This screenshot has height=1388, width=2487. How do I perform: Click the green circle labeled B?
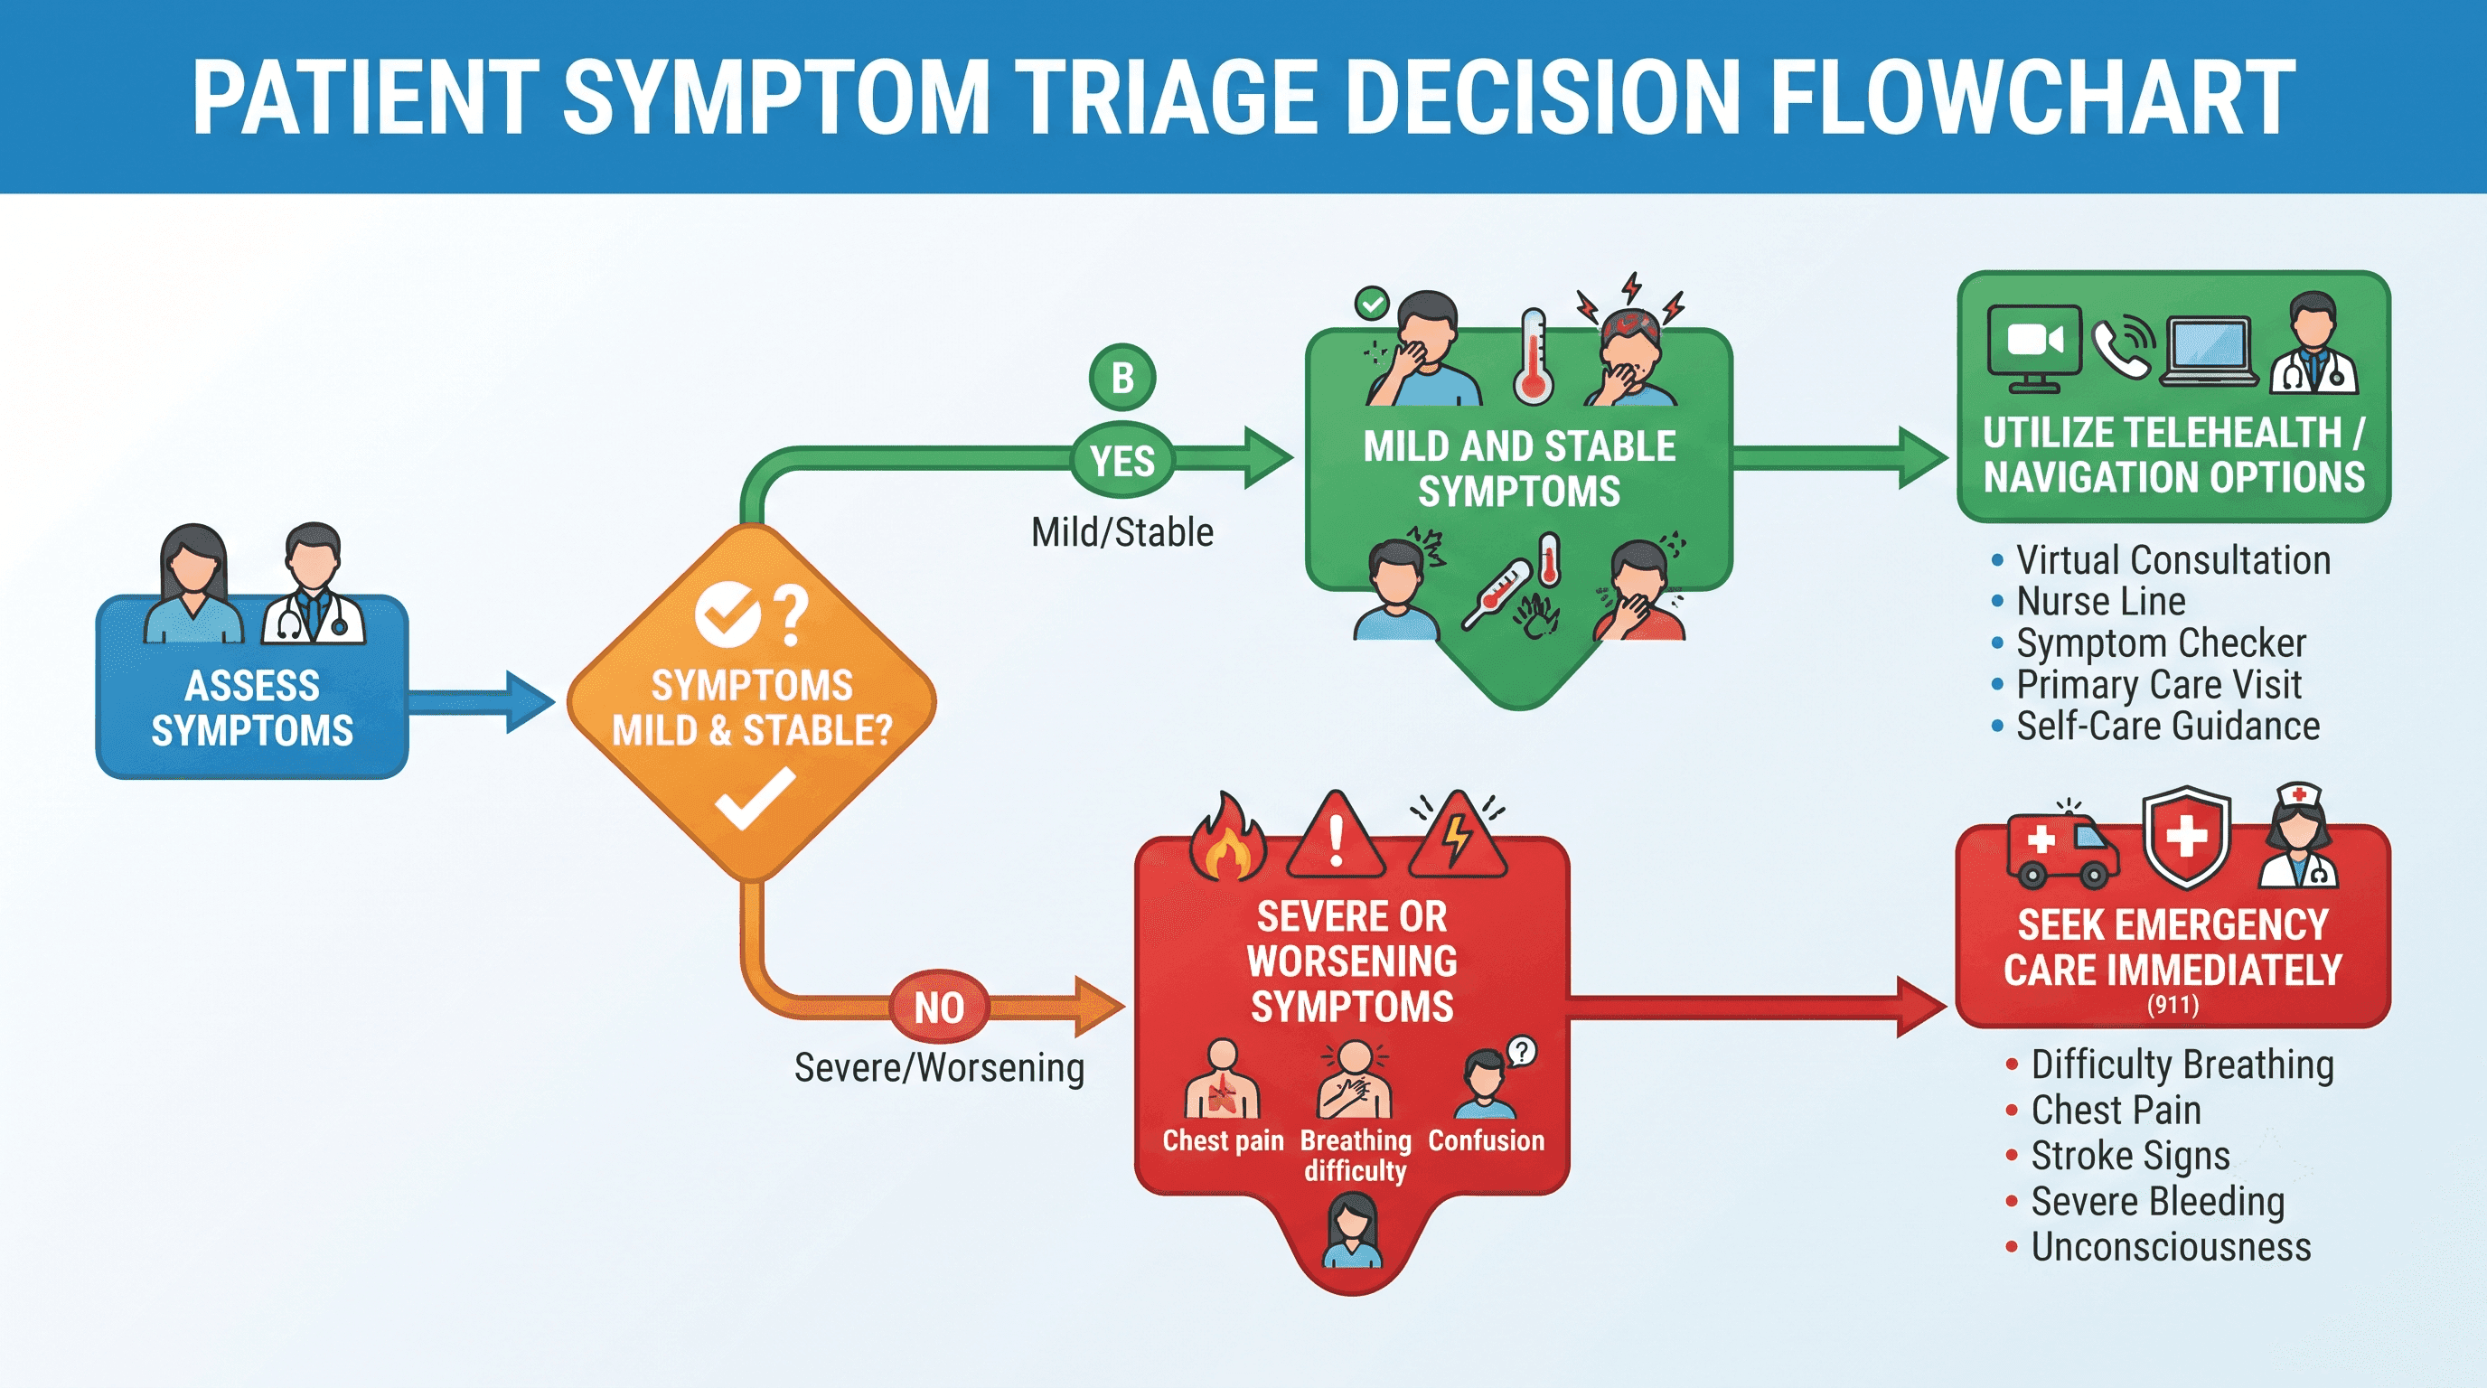pos(1121,378)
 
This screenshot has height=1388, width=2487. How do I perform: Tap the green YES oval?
pos(1121,461)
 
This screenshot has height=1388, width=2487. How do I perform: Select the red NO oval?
pos(938,1008)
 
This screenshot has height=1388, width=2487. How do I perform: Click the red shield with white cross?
pos(2187,836)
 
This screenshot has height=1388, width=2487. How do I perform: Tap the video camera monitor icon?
pos(2034,348)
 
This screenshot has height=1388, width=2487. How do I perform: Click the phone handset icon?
pos(2121,348)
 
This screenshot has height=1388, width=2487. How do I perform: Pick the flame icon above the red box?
pos(1226,837)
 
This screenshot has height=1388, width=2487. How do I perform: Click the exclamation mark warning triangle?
pos(1337,836)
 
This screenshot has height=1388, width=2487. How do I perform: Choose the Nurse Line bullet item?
pos(2088,601)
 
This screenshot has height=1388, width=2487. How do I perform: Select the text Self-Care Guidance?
pos(2167,726)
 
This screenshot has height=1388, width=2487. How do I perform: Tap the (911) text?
pos(2173,1005)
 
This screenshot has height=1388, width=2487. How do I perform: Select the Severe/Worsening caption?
pos(939,1067)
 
